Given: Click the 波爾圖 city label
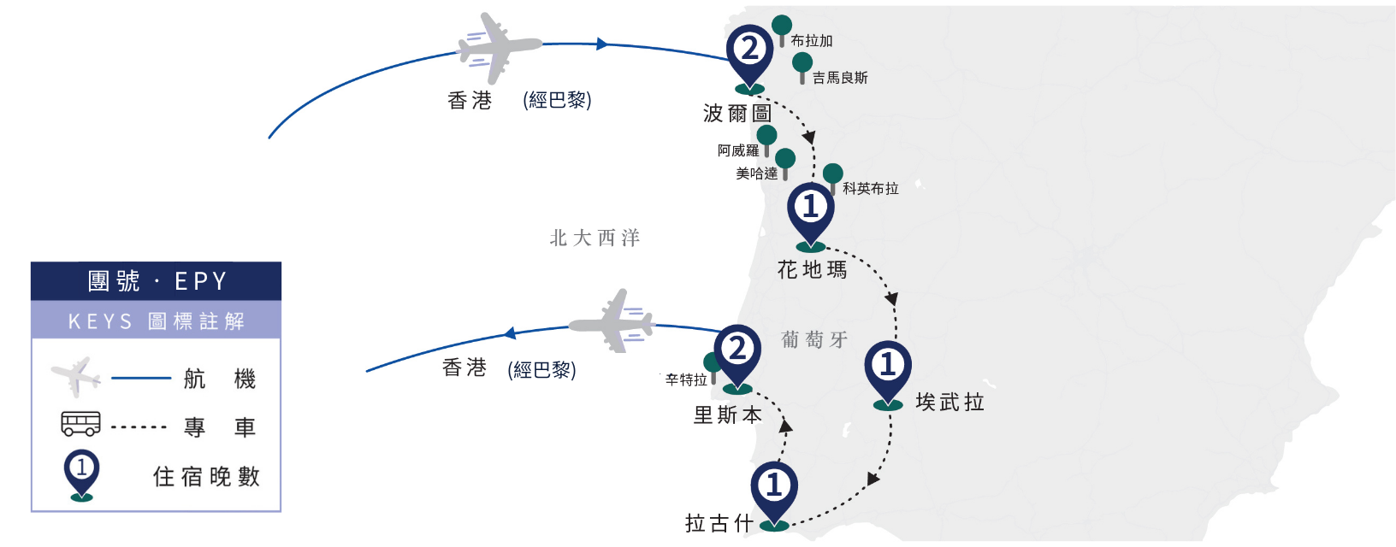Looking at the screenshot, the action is [x=738, y=114].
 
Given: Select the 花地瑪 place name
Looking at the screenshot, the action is [x=812, y=270].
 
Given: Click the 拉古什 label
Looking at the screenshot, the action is [x=719, y=523].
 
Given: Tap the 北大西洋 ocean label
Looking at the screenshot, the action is [x=594, y=238].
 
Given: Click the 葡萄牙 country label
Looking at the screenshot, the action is [x=814, y=339].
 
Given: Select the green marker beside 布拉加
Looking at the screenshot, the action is [x=782, y=31].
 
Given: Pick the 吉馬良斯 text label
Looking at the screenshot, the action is [x=840, y=78].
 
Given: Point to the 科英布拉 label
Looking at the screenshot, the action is [x=871, y=189].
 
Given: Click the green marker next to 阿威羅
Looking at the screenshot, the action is [x=766, y=141].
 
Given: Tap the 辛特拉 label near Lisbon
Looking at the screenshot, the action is [x=686, y=380].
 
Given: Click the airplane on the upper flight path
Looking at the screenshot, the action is [x=500, y=48].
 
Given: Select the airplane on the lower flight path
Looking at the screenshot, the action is [x=612, y=321].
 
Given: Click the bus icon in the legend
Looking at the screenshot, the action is [x=80, y=424].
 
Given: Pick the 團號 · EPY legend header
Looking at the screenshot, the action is [x=157, y=281].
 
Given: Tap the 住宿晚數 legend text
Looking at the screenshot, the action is [x=206, y=477].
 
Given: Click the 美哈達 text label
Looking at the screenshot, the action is [x=756, y=174].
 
